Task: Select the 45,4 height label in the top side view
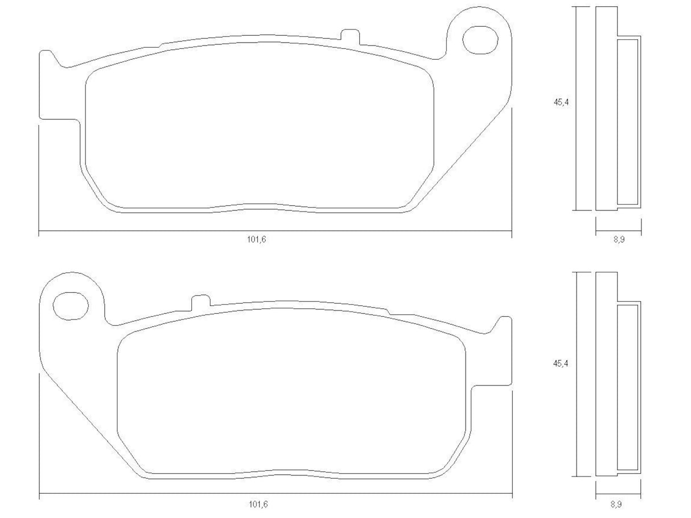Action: (561, 102)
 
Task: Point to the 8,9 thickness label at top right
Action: (619, 239)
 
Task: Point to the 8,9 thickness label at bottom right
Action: (619, 504)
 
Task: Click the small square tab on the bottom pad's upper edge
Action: (199, 301)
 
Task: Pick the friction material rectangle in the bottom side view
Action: (628, 387)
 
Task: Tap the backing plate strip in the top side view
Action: (606, 108)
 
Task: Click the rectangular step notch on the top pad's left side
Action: (60, 121)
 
